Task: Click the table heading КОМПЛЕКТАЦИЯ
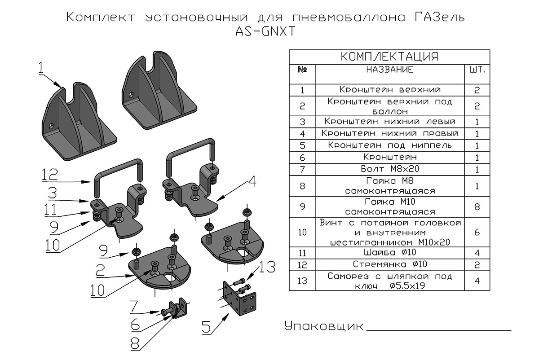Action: (x=389, y=57)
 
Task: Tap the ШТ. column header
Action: (x=477, y=70)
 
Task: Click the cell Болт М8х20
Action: (x=389, y=169)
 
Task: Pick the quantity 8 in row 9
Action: (x=477, y=206)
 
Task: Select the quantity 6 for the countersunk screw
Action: (x=477, y=232)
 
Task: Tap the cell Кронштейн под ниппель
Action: (x=389, y=145)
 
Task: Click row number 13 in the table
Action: (x=302, y=281)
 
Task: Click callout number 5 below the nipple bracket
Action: (x=207, y=327)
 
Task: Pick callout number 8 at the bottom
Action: (x=135, y=343)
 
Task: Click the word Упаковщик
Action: (x=324, y=326)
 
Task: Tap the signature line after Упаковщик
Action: (x=439, y=330)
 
